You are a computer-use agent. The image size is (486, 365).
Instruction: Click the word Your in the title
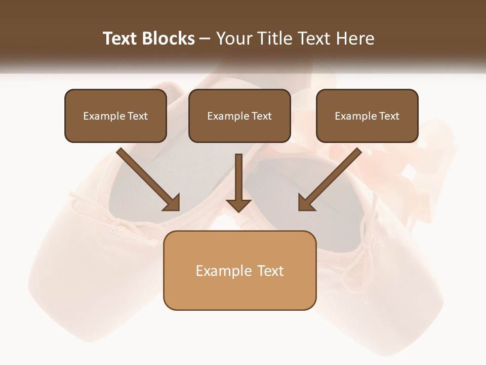click(234, 39)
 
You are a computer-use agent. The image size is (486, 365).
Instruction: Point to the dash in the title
click(205, 39)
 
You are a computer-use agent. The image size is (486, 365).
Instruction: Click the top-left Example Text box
click(115, 116)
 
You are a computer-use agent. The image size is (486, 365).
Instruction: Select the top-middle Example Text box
click(239, 116)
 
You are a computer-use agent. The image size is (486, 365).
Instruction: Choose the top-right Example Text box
click(367, 116)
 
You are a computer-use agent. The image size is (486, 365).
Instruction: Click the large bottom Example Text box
click(239, 270)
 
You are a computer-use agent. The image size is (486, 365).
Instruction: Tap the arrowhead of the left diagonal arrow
click(172, 203)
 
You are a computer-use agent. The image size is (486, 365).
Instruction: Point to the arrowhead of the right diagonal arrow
click(306, 203)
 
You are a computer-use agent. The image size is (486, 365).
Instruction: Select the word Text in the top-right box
click(389, 116)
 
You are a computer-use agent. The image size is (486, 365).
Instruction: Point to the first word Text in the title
click(120, 39)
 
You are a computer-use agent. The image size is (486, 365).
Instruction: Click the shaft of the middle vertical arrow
click(238, 175)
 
